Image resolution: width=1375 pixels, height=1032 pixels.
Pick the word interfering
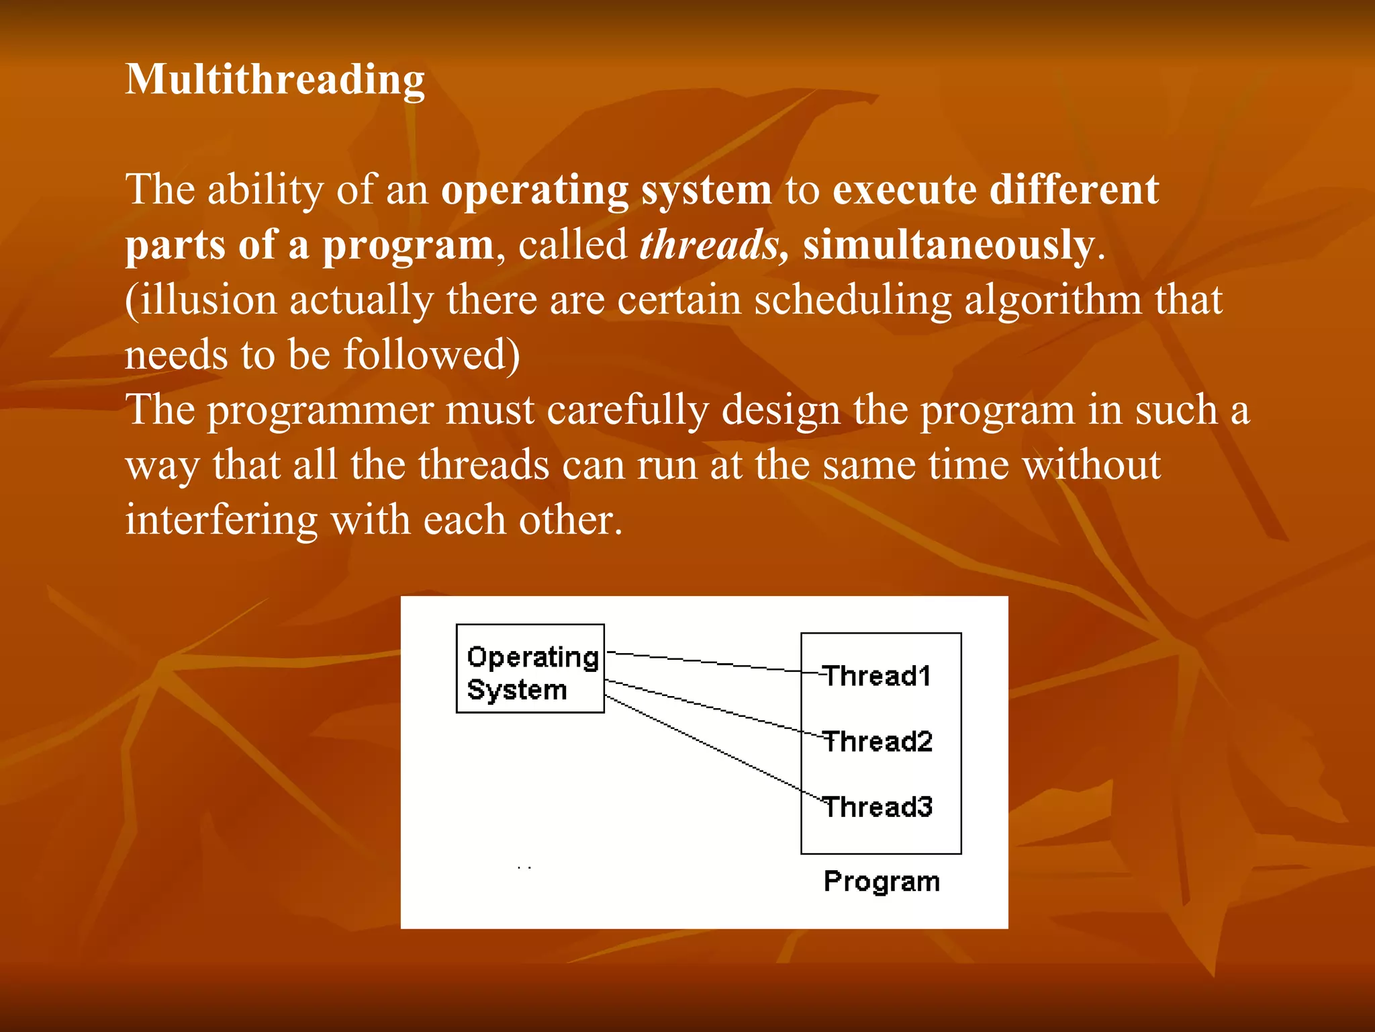tap(222, 520)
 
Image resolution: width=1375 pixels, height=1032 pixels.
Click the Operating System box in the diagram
tap(530, 669)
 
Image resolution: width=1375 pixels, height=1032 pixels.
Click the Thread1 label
tap(877, 676)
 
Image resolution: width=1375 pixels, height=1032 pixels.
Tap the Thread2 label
tap(877, 742)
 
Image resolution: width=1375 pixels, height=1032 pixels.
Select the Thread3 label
tap(877, 807)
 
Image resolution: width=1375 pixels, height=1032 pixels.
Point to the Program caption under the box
tap(882, 881)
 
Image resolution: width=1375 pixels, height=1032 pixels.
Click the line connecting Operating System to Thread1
tap(705, 662)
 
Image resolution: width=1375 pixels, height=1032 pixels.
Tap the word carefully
tap(627, 411)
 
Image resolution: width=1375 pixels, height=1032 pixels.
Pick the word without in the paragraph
tap(1092, 465)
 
